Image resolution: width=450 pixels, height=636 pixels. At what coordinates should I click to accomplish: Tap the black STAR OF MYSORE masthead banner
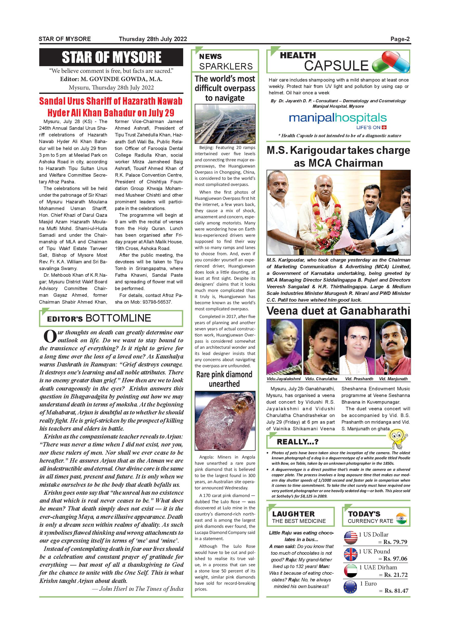click(111, 57)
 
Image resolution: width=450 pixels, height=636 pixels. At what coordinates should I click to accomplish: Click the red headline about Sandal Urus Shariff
click(111, 107)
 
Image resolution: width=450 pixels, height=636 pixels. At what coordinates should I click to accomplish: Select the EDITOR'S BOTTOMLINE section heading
click(99, 318)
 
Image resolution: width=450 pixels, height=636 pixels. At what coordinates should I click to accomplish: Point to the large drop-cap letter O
click(50, 336)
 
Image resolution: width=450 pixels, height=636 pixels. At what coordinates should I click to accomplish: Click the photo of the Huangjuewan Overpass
click(225, 124)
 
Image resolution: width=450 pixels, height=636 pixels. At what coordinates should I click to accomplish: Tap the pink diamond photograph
click(225, 421)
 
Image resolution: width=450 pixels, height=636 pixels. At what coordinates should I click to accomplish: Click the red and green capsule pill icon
click(391, 62)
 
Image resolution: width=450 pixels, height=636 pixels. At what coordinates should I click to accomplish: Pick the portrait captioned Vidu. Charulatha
click(321, 347)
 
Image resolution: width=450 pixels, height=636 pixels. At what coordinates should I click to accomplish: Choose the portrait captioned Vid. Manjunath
click(393, 347)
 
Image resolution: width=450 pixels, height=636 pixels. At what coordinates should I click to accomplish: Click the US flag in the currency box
click(350, 538)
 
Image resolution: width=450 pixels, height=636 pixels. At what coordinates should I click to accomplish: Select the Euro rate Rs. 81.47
click(396, 591)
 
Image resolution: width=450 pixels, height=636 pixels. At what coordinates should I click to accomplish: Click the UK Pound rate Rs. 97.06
click(395, 559)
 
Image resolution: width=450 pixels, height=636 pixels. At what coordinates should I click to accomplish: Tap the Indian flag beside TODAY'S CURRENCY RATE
click(402, 518)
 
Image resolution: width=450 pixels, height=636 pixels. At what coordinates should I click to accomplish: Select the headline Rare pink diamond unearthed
click(224, 379)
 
